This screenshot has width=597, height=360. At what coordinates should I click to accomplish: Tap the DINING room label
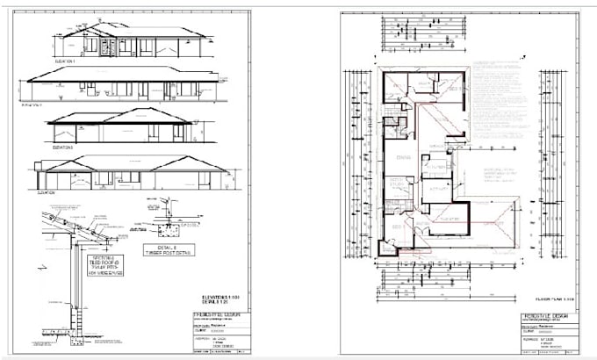click(x=404, y=156)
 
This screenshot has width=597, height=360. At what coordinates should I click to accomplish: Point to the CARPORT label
click(x=492, y=223)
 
